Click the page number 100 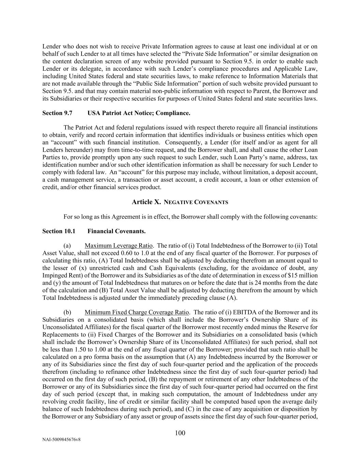click(x=180, y=433)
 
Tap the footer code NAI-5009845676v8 click(x=61, y=440)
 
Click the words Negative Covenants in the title click(x=196, y=202)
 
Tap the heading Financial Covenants click(x=116, y=231)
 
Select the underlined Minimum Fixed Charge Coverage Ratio click(x=136, y=312)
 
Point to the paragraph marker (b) click(x=67, y=312)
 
